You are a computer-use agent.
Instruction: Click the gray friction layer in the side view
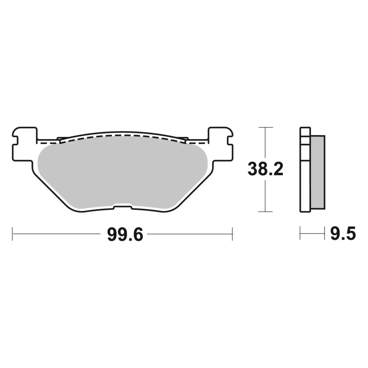(318, 172)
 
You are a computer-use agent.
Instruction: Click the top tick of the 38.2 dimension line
(265, 127)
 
